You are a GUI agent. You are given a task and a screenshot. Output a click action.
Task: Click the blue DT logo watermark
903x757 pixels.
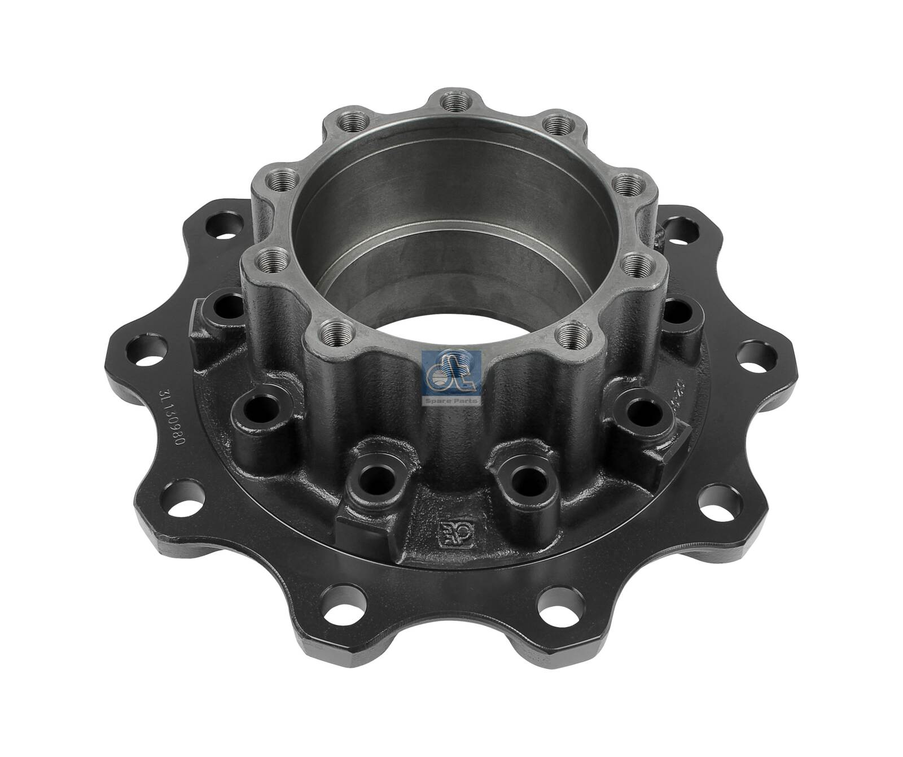pyautogui.click(x=451, y=373)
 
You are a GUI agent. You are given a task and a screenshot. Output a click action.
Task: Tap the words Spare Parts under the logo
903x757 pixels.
pyautogui.click(x=451, y=401)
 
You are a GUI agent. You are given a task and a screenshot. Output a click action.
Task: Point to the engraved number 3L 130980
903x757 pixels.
pyautogui.click(x=172, y=409)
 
